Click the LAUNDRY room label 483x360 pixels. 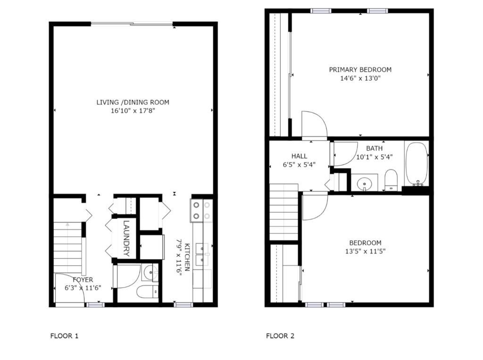126,239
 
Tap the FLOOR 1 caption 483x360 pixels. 64,336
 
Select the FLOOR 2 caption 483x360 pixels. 280,336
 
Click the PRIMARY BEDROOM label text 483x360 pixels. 360,69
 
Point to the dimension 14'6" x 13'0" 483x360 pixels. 360,78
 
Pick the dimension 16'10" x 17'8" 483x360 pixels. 133,111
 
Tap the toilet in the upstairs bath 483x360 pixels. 391,180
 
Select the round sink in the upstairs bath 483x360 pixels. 364,183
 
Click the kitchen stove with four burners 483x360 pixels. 201,211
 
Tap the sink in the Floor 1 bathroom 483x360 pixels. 150,272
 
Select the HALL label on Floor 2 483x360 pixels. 299,156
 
